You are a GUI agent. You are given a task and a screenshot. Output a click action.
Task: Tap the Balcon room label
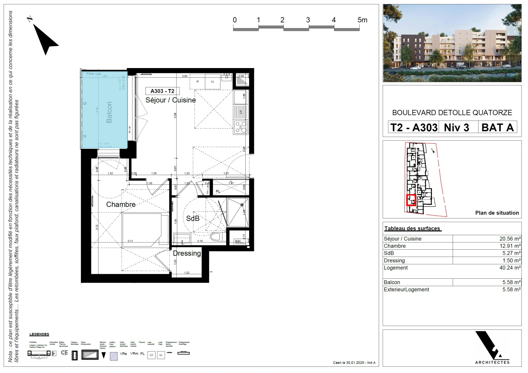109,112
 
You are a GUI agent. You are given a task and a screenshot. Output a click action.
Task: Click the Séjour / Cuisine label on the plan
170,100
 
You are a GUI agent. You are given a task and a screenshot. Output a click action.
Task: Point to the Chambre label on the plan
121,204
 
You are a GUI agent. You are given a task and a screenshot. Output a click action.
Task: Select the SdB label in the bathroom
193,218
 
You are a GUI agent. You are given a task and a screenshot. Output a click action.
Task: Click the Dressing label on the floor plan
187,253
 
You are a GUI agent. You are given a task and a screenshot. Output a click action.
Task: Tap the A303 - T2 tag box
162,91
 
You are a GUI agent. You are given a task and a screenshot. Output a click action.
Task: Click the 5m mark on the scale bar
362,20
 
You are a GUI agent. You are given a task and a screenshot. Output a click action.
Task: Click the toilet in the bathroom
216,237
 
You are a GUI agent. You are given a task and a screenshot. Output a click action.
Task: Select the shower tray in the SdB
238,212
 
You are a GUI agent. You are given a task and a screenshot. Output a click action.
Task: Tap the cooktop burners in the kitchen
241,127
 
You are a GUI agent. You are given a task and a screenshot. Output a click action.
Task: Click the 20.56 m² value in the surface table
510,239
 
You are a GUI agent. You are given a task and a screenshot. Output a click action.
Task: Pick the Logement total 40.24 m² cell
510,268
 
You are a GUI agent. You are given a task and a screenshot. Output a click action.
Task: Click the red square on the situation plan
411,200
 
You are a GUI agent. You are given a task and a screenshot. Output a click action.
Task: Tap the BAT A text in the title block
497,127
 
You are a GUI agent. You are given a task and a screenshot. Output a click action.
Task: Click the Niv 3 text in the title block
456,127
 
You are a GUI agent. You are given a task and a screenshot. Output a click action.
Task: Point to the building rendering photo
452,43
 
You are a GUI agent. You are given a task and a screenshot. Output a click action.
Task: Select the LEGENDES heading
39,334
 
